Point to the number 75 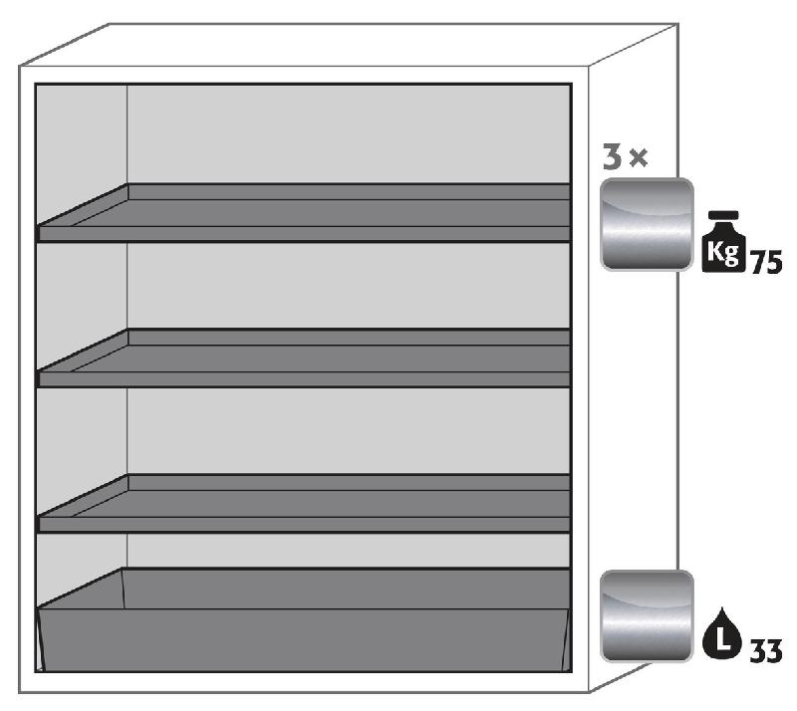pyautogui.click(x=765, y=262)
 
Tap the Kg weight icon pyautogui.click(x=723, y=243)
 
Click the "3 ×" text pyautogui.click(x=626, y=157)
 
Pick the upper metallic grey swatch pyautogui.click(x=646, y=224)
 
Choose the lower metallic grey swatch pyautogui.click(x=646, y=615)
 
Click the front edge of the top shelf pyautogui.click(x=304, y=234)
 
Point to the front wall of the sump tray pyautogui.click(x=304, y=637)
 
